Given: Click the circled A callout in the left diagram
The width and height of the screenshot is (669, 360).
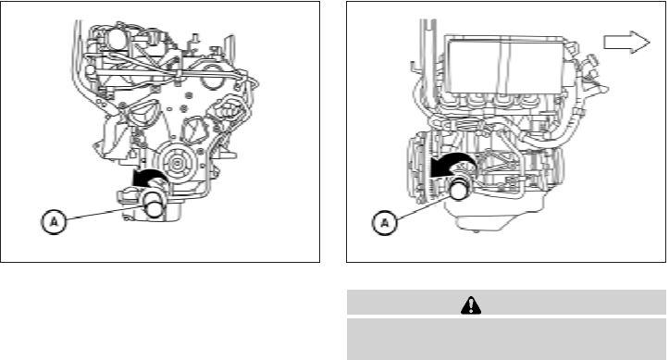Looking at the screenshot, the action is point(54,221).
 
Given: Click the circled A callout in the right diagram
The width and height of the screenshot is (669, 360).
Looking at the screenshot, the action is point(385,222).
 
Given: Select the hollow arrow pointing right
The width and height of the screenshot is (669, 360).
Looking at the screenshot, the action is point(626,43).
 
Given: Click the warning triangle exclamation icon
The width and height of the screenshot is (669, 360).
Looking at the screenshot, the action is point(471,305).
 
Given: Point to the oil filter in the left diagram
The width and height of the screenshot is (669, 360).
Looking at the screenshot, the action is point(154,205).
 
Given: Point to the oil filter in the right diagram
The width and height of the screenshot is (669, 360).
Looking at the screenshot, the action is point(461,189).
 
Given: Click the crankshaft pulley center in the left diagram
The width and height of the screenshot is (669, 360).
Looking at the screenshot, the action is point(176,163).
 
